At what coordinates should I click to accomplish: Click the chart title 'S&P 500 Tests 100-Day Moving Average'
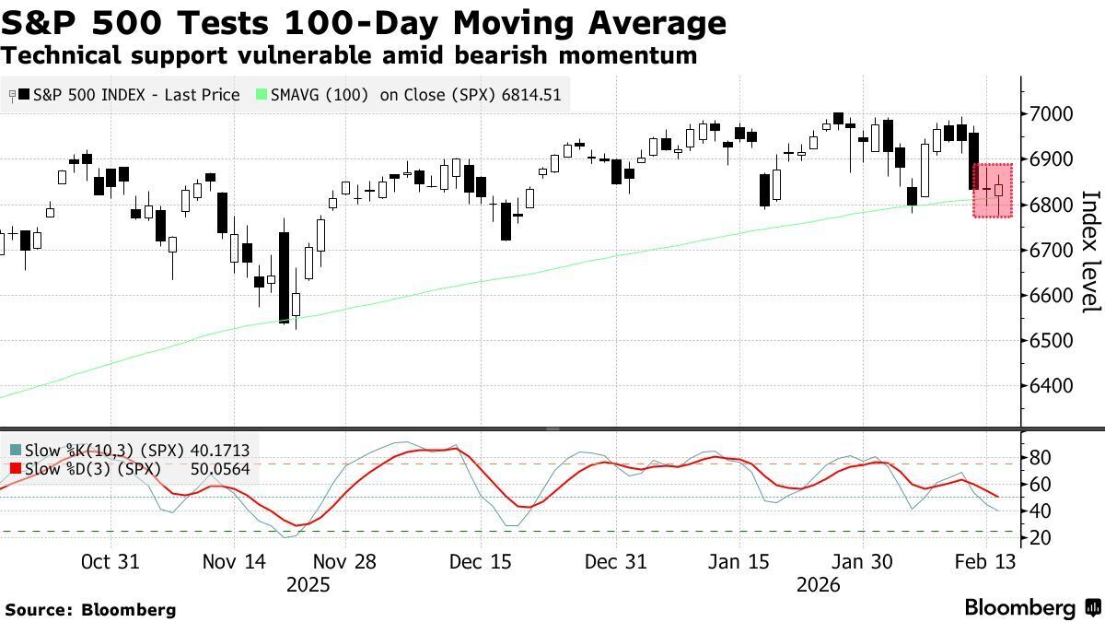coord(364,22)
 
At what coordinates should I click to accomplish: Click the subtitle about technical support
coord(349,55)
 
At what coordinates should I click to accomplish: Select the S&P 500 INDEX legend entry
coord(129,95)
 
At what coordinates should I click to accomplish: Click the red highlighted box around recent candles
coord(993,191)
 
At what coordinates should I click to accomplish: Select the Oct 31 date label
coord(110,562)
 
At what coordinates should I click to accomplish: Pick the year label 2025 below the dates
coord(307,585)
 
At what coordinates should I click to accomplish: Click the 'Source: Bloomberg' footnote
coord(89,609)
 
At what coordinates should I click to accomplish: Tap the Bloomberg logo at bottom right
coord(1031,607)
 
